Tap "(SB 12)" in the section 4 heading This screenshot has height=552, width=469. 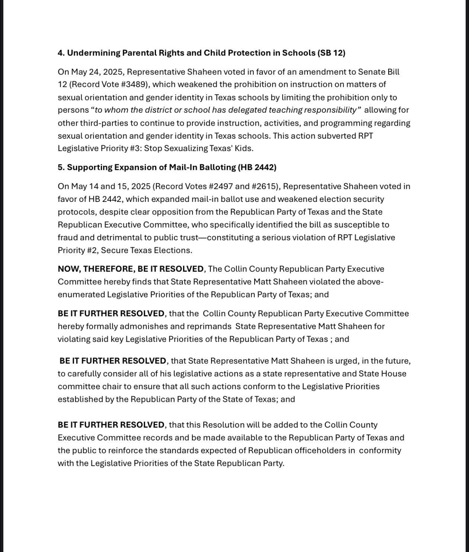331,53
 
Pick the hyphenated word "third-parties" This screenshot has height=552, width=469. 95,123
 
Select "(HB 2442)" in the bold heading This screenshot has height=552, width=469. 257,167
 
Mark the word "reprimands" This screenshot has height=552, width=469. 210,326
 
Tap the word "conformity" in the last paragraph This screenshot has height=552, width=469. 380,451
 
